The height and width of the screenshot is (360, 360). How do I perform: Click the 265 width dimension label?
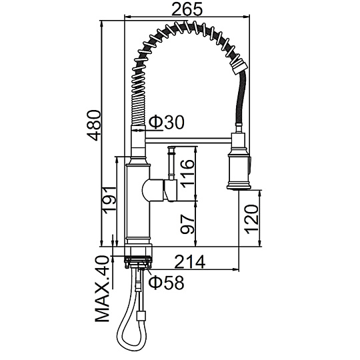(x=187, y=9)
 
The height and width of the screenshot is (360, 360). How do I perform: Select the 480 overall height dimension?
(x=95, y=125)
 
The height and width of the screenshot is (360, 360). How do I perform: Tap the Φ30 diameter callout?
(x=167, y=122)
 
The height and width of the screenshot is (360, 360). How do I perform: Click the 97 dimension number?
(x=187, y=224)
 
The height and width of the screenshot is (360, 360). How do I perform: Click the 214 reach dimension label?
(x=190, y=262)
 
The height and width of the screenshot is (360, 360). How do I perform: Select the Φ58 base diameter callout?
(x=167, y=282)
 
